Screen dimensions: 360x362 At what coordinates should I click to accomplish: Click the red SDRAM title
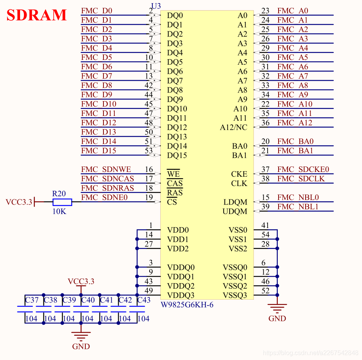click(x=36, y=15)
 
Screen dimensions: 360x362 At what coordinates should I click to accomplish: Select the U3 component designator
click(x=156, y=5)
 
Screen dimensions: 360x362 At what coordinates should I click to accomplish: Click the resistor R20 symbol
click(x=62, y=202)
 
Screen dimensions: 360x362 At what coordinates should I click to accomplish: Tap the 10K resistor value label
click(x=59, y=211)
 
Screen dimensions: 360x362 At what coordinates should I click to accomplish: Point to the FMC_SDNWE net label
click(x=106, y=170)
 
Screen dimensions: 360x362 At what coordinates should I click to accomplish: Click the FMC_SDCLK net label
click(x=301, y=179)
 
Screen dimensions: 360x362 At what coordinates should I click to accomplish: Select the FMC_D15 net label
click(x=99, y=151)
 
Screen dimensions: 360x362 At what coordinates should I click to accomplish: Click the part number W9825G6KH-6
click(x=187, y=305)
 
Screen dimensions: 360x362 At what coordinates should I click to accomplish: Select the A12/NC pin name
click(x=233, y=128)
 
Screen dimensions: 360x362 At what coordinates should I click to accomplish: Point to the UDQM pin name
click(x=235, y=212)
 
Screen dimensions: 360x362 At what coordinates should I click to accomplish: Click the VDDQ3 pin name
click(x=181, y=295)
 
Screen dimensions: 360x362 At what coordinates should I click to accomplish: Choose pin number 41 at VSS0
click(x=265, y=225)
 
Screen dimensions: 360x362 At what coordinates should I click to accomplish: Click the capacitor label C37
click(x=32, y=300)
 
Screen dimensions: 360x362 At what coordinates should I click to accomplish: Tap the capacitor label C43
click(x=144, y=300)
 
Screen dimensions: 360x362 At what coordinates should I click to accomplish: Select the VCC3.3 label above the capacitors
click(x=81, y=281)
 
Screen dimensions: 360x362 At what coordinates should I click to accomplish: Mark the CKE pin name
click(x=239, y=174)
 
